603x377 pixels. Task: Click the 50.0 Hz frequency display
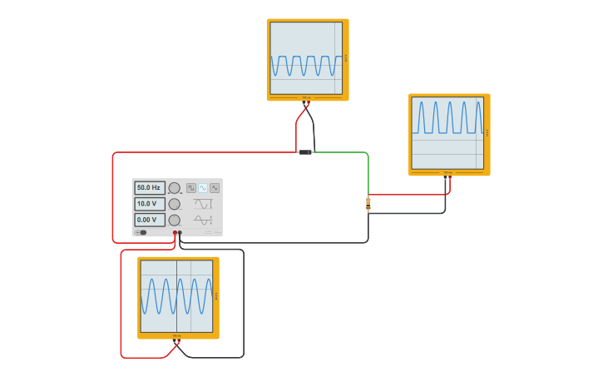pyautogui.click(x=150, y=188)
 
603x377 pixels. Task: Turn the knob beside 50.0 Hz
pyautogui.click(x=174, y=188)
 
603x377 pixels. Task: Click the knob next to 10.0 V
pyautogui.click(x=174, y=204)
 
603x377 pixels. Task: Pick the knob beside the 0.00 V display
pyautogui.click(x=174, y=220)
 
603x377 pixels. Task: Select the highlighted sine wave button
pyautogui.click(x=203, y=188)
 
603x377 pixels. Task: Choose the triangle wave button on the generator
pyautogui.click(x=215, y=188)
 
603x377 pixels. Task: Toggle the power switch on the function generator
pyautogui.click(x=141, y=232)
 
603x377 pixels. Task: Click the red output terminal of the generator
pyautogui.click(x=175, y=233)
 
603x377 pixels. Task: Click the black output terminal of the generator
pyautogui.click(x=180, y=233)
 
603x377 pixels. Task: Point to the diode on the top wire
pyautogui.click(x=305, y=152)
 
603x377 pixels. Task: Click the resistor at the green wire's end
pyautogui.click(x=368, y=204)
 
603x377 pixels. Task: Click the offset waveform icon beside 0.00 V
pyautogui.click(x=203, y=220)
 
